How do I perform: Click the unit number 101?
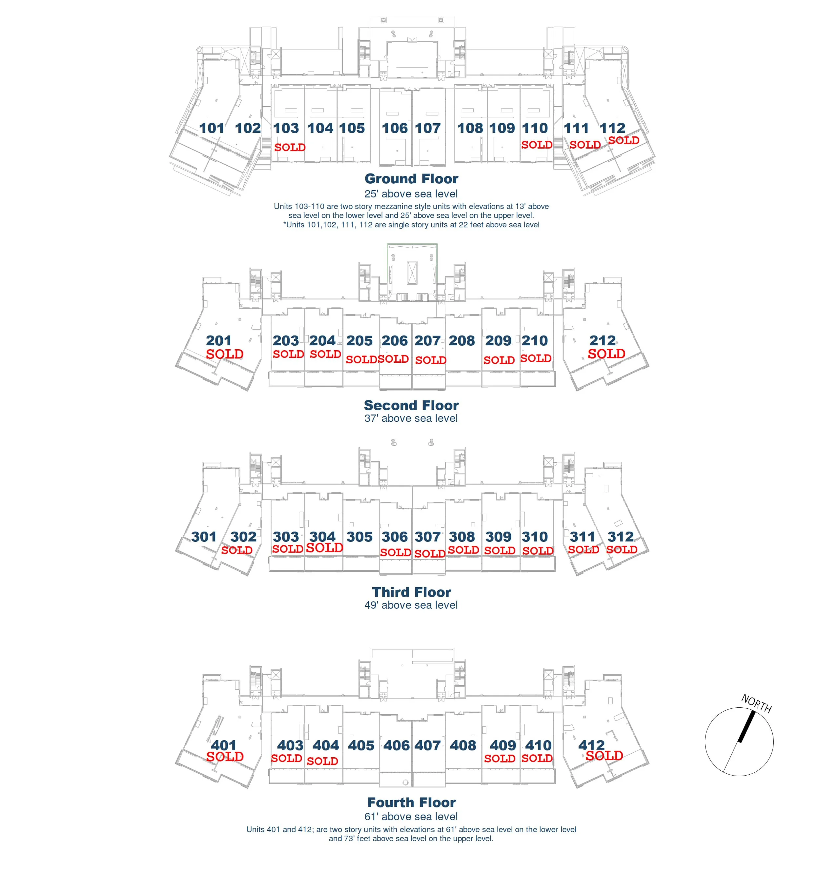212,128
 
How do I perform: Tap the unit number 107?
427,128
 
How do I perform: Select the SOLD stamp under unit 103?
290,147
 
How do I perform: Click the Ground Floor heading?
411,178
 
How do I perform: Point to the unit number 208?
462,340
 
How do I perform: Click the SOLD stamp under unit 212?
606,354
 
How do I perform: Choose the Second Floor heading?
411,405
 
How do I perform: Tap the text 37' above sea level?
411,418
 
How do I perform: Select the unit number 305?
359,537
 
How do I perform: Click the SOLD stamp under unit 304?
324,548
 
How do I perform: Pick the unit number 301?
204,537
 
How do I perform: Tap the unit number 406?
396,745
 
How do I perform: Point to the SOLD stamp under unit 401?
225,757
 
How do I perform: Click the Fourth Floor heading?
411,802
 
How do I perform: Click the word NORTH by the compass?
756,703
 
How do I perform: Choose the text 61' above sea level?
411,816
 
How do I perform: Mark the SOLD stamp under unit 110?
536,145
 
